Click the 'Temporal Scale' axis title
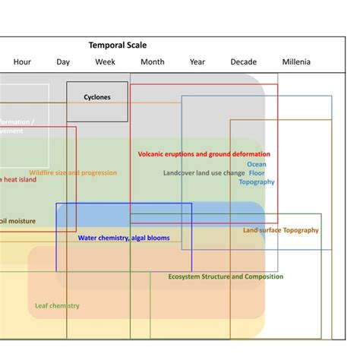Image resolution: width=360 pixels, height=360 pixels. tap(118, 46)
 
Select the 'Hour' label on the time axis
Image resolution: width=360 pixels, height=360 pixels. tap(22, 62)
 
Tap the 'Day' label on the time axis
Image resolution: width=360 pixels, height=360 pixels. tap(63, 62)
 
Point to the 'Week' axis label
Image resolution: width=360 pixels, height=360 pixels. tap(105, 62)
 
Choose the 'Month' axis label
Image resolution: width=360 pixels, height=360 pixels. tap(152, 62)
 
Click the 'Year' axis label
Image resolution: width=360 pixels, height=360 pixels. tap(197, 62)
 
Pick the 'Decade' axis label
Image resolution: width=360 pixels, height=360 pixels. tap(244, 62)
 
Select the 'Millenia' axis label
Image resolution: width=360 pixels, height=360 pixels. tap(296, 62)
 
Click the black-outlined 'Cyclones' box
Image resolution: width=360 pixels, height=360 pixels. tap(96, 97)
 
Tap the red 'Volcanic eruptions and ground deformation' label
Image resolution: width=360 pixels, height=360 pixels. tap(204, 154)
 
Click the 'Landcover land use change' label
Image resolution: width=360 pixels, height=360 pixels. tap(204, 173)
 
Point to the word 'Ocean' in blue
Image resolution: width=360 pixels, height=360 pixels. tap(257, 164)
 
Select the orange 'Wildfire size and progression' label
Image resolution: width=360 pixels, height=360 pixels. tap(73, 173)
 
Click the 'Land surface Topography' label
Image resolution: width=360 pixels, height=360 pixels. tap(281, 230)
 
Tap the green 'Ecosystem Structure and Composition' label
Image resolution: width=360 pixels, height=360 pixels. tap(226, 276)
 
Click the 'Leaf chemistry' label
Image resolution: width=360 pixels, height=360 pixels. tap(57, 306)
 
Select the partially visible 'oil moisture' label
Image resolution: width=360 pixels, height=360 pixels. tap(18, 222)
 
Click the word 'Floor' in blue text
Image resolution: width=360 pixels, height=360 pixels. tap(257, 173)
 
